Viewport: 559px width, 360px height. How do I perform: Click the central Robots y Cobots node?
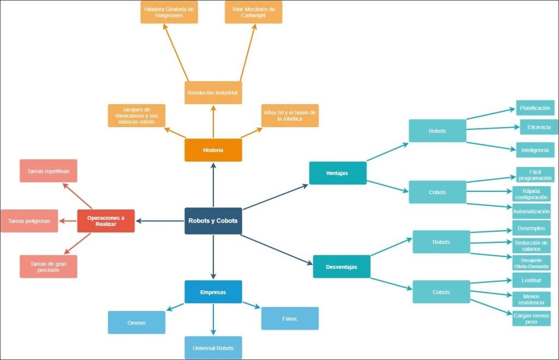tap(213, 221)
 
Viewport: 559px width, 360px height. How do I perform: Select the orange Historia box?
tap(213, 150)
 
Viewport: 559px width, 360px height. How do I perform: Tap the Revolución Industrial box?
tap(213, 93)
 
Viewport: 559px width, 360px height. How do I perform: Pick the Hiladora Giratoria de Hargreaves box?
tap(169, 12)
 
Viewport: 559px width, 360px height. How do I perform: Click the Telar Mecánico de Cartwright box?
tap(253, 12)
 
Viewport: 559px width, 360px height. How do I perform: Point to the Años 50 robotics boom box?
tap(289, 115)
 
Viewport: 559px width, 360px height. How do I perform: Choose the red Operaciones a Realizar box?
tap(106, 221)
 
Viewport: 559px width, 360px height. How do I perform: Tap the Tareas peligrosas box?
tap(29, 221)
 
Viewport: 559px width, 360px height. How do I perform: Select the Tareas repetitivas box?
tap(48, 171)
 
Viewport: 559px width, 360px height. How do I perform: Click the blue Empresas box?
tap(213, 292)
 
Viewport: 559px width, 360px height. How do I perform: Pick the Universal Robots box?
tap(213, 347)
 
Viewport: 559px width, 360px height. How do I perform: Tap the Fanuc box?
tap(289, 318)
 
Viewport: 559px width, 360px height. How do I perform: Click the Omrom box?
tap(136, 322)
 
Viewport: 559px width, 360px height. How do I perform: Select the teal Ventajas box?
tap(337, 173)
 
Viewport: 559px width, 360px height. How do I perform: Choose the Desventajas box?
tap(342, 267)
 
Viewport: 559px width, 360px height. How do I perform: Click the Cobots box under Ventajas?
tap(437, 192)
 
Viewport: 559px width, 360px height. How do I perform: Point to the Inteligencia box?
tap(535, 149)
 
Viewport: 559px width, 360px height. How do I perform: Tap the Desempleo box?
tap(531, 227)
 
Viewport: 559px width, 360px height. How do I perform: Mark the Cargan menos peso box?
tap(531, 319)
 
